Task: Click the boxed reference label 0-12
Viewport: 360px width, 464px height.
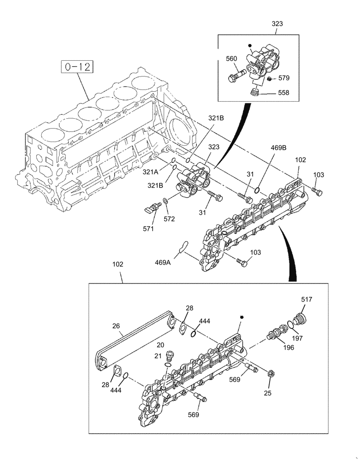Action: (x=77, y=67)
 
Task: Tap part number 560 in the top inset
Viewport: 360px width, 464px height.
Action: (x=231, y=59)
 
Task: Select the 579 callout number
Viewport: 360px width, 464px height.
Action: (x=283, y=78)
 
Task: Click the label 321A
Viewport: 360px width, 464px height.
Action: (x=150, y=172)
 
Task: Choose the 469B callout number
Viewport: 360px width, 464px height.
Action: (x=279, y=148)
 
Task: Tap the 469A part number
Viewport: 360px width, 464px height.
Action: (x=163, y=262)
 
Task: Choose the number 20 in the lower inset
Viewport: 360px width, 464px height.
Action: (x=160, y=345)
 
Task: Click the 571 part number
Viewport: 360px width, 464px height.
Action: (x=148, y=228)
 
